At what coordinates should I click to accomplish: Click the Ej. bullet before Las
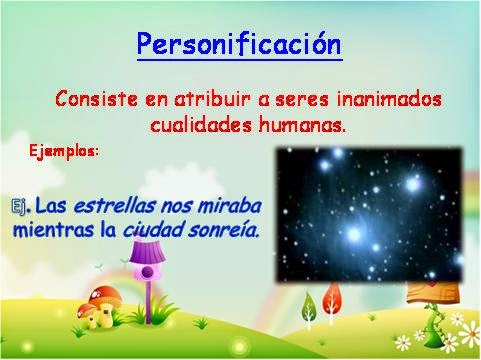tap(20, 207)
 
